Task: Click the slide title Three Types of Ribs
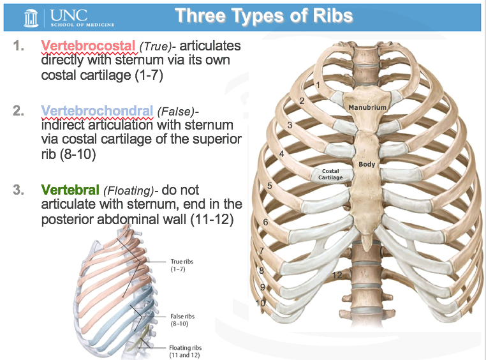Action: pyautogui.click(x=263, y=15)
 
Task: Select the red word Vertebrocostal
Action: pyautogui.click(x=88, y=47)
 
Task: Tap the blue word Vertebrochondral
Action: pyautogui.click(x=97, y=111)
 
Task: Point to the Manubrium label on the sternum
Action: pyautogui.click(x=367, y=107)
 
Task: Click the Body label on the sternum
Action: pyautogui.click(x=367, y=164)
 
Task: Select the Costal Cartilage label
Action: pyautogui.click(x=331, y=174)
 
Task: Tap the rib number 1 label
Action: pyautogui.click(x=318, y=84)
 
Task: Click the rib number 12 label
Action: pyautogui.click(x=337, y=275)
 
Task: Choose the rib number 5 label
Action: pyautogui.click(x=270, y=186)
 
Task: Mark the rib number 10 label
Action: pyautogui.click(x=260, y=303)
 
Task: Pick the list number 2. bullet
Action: pyautogui.click(x=19, y=111)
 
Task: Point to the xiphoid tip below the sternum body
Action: pyautogui.click(x=366, y=241)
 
